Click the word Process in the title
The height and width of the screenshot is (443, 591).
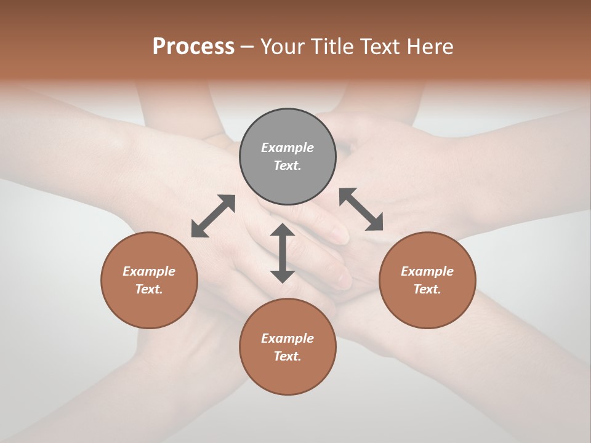(x=193, y=47)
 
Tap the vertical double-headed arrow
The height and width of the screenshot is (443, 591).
(x=283, y=253)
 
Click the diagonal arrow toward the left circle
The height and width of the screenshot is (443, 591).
(x=213, y=216)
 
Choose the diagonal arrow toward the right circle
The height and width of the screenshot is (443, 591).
(x=361, y=209)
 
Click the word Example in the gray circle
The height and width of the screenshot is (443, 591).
(x=287, y=148)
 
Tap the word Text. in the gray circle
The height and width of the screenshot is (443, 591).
(x=287, y=166)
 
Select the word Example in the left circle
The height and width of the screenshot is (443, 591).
(x=149, y=271)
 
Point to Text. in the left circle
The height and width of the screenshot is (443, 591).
(x=149, y=289)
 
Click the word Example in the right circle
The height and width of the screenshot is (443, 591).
(x=427, y=271)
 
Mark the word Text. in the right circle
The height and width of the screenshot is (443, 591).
(x=427, y=289)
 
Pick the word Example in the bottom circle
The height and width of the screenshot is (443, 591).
(x=287, y=338)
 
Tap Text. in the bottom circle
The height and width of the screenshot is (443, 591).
(x=287, y=356)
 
